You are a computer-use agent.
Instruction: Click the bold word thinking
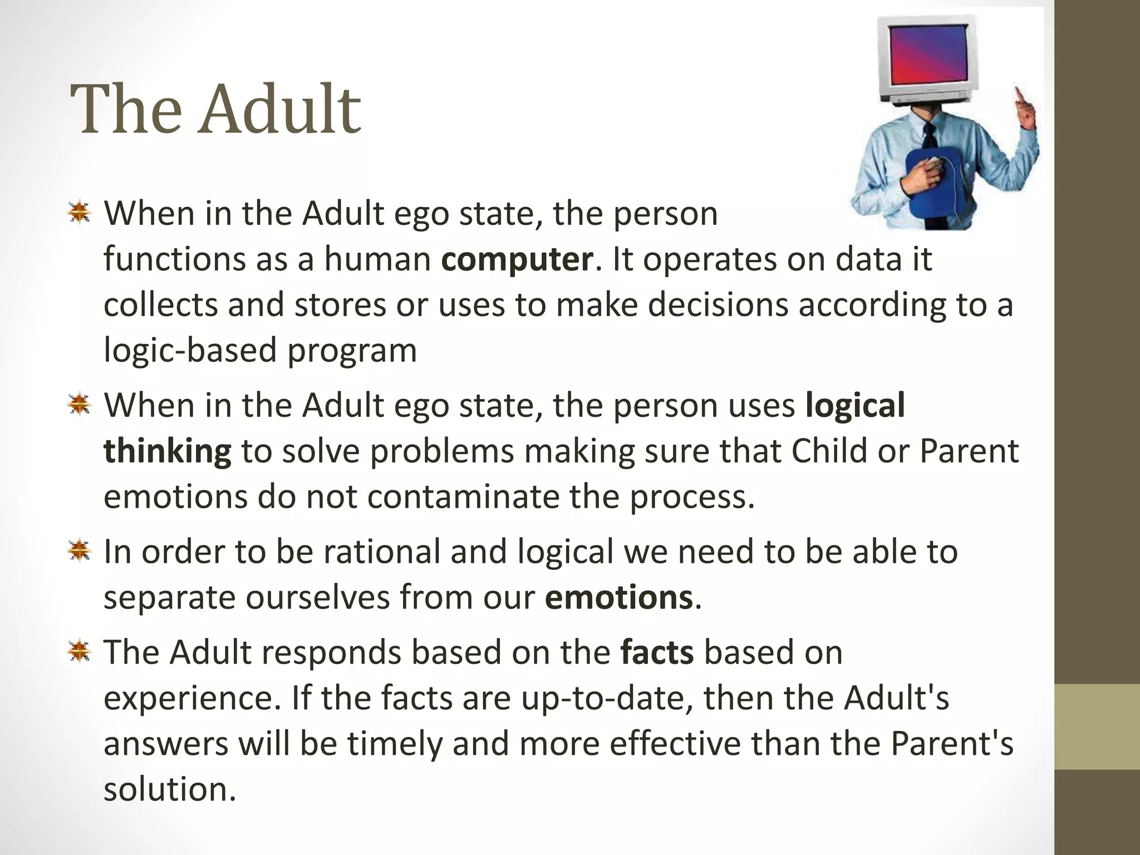coord(167,451)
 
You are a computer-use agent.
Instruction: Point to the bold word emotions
coord(618,598)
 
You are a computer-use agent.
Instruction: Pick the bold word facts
coord(657,652)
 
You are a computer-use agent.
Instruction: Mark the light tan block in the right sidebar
coord(1097,726)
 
